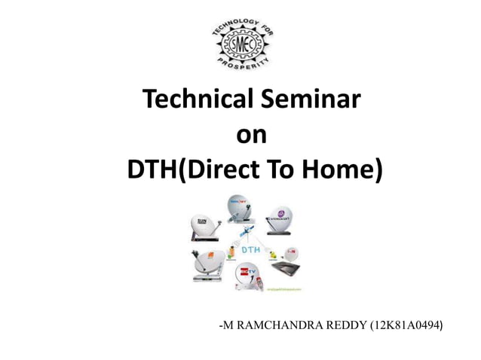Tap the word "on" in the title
(x=251, y=135)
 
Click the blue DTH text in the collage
(x=250, y=248)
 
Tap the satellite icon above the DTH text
(x=247, y=230)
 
